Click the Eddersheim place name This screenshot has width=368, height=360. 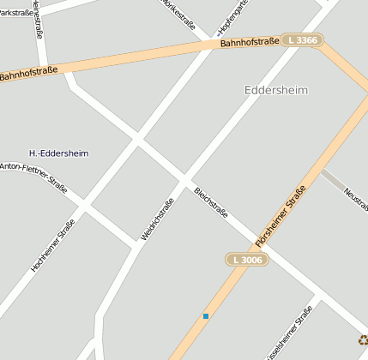275,90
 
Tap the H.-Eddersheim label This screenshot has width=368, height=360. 58,153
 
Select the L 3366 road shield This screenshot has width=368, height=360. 302,40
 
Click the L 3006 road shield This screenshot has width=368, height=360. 247,259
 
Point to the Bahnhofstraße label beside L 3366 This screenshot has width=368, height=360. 250,42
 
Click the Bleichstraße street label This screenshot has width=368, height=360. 211,202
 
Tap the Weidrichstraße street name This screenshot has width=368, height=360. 158,219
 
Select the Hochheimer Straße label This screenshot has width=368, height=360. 53,245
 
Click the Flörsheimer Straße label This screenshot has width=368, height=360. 281,218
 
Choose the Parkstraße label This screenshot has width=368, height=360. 16,13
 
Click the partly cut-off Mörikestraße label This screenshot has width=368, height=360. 179,14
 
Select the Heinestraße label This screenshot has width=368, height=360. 37,19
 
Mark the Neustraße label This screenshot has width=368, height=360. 356,196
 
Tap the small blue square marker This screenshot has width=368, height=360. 206,316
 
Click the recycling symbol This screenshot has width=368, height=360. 363,339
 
